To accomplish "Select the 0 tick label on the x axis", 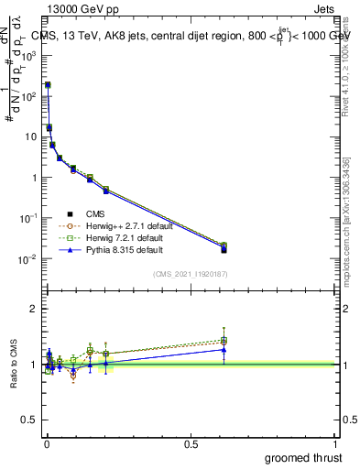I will (x=47, y=443).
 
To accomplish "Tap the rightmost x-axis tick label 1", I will (x=335, y=443).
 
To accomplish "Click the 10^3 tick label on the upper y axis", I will (x=28, y=55).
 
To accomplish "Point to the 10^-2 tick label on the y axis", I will (x=28, y=259).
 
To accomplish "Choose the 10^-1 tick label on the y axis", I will (x=28, y=218).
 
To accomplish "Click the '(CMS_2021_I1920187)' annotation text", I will (x=190, y=273).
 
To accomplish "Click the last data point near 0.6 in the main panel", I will (x=224, y=248).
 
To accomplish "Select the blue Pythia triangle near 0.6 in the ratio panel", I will (x=224, y=349).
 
